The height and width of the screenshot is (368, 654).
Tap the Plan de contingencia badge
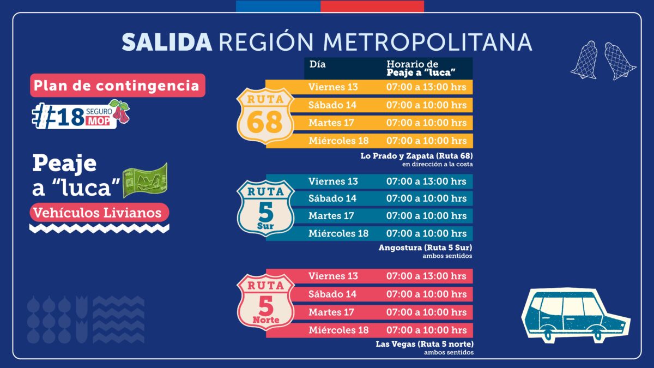[x=117, y=86]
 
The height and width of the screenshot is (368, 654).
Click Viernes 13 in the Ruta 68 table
[x=333, y=87]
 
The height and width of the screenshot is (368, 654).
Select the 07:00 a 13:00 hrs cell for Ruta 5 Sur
[x=426, y=181]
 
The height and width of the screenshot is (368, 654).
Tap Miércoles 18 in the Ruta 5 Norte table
[x=338, y=330]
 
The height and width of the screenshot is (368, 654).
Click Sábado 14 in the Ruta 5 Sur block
[x=332, y=198]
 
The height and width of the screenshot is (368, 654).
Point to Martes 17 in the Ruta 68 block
[x=331, y=123]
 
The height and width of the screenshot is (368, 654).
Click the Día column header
[x=318, y=64]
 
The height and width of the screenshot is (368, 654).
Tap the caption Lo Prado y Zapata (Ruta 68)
[x=416, y=156]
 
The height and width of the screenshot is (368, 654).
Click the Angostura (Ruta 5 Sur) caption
[x=425, y=248]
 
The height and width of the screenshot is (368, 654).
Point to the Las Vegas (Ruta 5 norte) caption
[x=424, y=344]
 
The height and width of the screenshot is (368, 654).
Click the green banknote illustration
[x=144, y=180]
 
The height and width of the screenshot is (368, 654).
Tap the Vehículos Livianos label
[x=99, y=212]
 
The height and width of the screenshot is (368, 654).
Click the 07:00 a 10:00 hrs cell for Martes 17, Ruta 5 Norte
[x=426, y=312]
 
